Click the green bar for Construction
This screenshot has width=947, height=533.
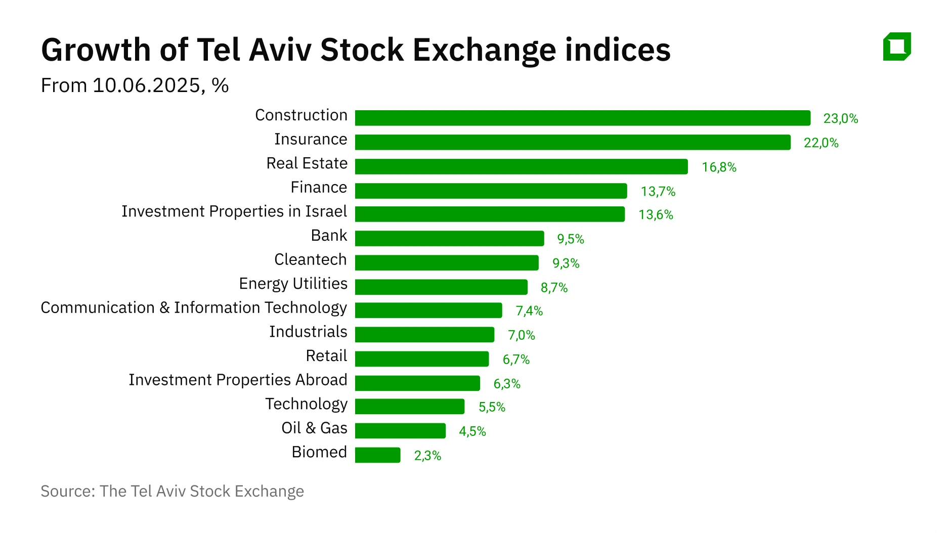click(582, 118)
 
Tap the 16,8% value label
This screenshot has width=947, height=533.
click(719, 167)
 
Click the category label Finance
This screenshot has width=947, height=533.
click(319, 188)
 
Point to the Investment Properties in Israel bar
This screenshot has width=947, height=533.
click(489, 214)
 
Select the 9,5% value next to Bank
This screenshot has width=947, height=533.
click(571, 239)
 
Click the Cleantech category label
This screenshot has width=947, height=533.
click(310, 259)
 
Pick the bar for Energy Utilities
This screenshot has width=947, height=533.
click(441, 287)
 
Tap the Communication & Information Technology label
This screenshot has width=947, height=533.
click(194, 307)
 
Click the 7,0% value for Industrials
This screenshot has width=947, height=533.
click(521, 335)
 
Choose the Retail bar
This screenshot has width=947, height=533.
click(421, 359)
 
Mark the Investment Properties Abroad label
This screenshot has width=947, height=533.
click(238, 380)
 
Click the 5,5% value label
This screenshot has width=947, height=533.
click(492, 407)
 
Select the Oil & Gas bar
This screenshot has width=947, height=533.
click(400, 431)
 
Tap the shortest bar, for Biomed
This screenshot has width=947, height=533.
click(377, 455)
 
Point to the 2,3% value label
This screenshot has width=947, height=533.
click(427, 456)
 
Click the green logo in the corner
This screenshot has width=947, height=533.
click(897, 47)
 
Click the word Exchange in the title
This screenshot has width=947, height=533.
click(484, 50)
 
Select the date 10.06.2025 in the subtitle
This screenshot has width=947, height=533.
click(146, 85)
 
